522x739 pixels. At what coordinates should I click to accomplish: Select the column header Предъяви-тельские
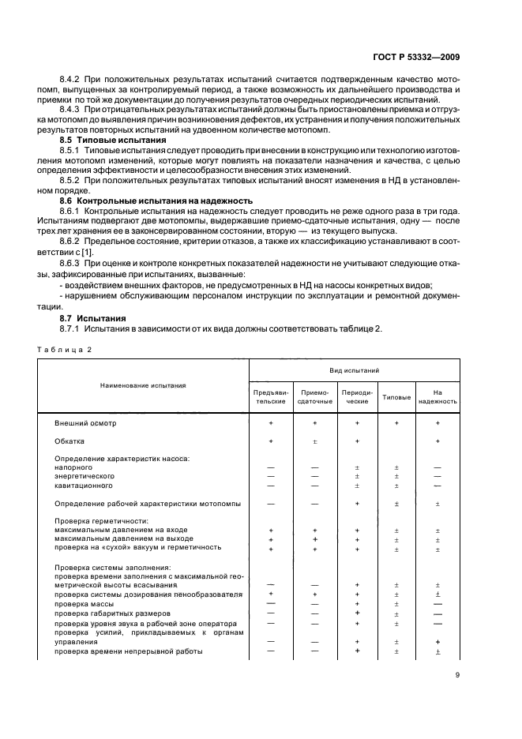271,396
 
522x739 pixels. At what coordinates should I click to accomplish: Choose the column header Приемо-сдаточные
314,396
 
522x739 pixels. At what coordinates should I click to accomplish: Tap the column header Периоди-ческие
357,396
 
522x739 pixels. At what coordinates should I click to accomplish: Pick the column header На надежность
438,396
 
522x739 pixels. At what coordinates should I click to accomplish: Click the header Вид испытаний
354,369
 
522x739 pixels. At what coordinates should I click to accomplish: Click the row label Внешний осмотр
84,423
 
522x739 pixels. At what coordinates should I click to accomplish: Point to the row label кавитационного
82,486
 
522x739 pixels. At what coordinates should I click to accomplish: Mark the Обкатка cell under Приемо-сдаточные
314,441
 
